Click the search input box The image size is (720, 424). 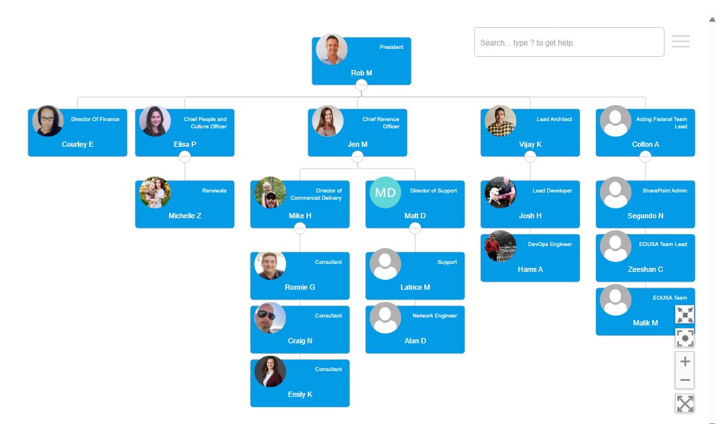pyautogui.click(x=569, y=42)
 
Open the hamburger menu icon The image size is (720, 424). pyautogui.click(x=680, y=42)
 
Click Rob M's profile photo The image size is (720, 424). pyautogui.click(x=332, y=50)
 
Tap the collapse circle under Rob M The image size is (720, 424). pyautogui.click(x=361, y=85)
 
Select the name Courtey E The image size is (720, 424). pyautogui.click(x=78, y=144)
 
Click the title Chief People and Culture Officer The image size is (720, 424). pyautogui.click(x=205, y=123)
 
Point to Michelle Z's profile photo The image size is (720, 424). pyautogui.click(x=155, y=192)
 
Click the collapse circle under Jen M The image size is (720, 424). pyautogui.click(x=357, y=157)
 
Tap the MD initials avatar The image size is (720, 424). pyautogui.click(x=386, y=192)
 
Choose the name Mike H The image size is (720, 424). pyautogui.click(x=300, y=216)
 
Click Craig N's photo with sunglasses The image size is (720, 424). pyautogui.click(x=270, y=318)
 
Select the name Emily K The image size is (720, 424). pyautogui.click(x=300, y=394)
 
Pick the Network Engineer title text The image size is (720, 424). pyautogui.click(x=435, y=316)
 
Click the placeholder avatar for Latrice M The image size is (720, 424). pyautogui.click(x=386, y=264)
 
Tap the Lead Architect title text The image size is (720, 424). pyautogui.click(x=554, y=119)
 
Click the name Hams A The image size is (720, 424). pyautogui.click(x=530, y=269)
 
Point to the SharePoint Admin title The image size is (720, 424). pyautogui.click(x=665, y=191)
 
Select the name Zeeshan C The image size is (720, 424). pyautogui.click(x=645, y=269)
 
